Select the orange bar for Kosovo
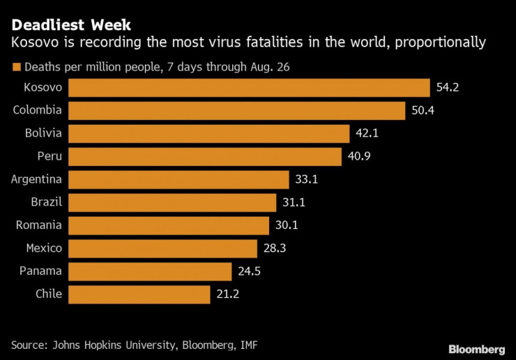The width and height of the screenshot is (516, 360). (x=250, y=87)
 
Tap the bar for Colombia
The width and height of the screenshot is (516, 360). (x=237, y=110)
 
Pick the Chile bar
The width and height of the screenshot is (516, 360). (x=139, y=294)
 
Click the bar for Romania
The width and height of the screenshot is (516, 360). (x=169, y=225)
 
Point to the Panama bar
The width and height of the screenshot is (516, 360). (x=151, y=271)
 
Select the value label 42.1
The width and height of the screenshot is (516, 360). (x=366, y=133)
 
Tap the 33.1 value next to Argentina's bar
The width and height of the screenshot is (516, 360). (x=306, y=179)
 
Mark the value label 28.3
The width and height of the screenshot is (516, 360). (x=274, y=248)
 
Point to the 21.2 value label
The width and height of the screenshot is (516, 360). (x=227, y=294)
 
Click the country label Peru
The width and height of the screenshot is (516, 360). (x=49, y=156)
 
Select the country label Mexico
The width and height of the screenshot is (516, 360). (x=44, y=248)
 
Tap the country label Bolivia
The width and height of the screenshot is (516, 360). (x=43, y=133)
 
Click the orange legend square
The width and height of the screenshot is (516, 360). (x=16, y=68)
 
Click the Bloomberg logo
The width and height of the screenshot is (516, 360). (x=476, y=348)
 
